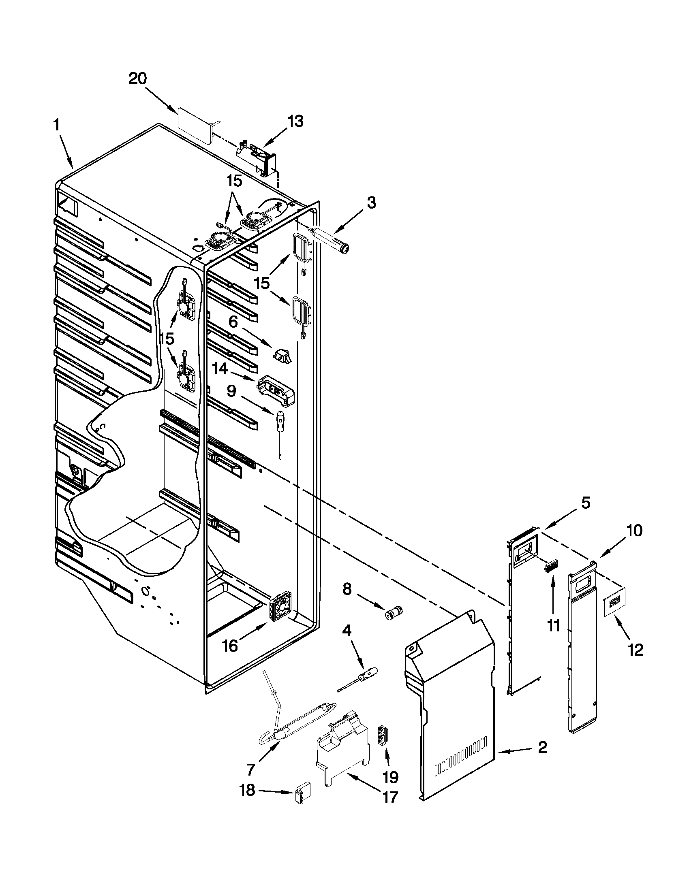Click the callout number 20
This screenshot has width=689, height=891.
point(137,78)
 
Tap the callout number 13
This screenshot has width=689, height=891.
point(295,121)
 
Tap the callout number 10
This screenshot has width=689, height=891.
point(612,531)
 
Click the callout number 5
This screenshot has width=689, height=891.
point(585,503)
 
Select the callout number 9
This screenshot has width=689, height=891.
point(231,391)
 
